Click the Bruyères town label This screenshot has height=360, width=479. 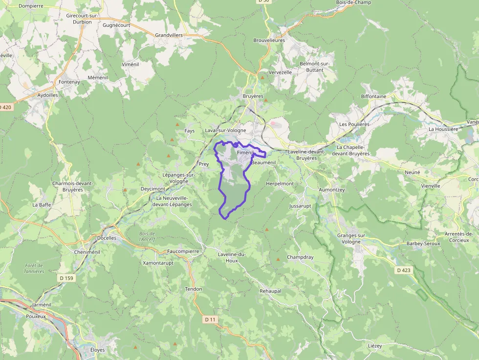(253, 96)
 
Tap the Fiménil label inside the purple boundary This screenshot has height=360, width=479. (244, 153)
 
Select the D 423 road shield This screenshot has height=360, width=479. (404, 270)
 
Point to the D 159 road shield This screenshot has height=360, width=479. (66, 278)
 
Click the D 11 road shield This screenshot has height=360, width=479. (210, 319)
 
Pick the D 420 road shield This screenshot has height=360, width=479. (5, 107)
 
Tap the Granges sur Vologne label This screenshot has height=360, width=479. (351, 238)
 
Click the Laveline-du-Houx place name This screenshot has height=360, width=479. (232, 257)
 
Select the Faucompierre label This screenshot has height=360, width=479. (183, 251)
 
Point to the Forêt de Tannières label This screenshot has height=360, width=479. (34, 268)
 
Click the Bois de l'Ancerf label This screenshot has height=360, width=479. (147, 236)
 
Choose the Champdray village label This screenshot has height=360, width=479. (300, 257)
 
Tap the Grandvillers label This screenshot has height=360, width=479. (169, 35)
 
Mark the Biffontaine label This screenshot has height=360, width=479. (373, 96)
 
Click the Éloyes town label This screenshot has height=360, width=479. (98, 350)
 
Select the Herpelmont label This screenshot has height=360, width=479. (280, 184)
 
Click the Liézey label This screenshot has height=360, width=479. (374, 345)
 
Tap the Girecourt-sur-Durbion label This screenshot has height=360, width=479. (82, 19)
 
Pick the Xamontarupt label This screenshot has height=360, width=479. (158, 263)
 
